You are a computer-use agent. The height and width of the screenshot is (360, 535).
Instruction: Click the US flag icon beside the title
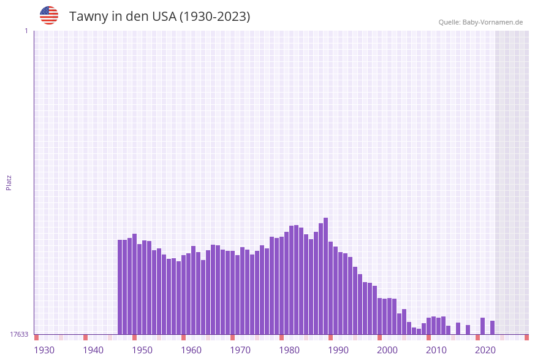point(49,15)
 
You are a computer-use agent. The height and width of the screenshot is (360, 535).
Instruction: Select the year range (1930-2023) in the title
point(214,17)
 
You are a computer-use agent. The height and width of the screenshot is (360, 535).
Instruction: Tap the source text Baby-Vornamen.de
point(493,22)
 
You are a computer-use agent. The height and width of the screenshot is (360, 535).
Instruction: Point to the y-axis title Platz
point(9,183)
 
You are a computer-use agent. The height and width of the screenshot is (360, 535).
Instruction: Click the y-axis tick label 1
point(26,31)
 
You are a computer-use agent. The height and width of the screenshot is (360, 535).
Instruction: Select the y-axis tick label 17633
point(19,334)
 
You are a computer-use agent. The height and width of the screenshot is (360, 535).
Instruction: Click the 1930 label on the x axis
point(44,350)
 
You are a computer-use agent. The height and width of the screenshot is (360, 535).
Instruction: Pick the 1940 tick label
point(93,350)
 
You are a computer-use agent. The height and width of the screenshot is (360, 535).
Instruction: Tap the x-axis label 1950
point(142,350)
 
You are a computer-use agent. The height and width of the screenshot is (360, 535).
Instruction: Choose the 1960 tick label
point(191,350)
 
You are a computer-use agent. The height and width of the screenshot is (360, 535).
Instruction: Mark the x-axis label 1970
point(240,350)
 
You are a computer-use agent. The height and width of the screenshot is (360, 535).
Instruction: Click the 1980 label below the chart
point(289,350)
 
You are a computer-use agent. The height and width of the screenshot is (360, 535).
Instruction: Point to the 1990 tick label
point(338,350)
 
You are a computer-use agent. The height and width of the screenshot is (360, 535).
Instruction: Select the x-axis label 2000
point(387,350)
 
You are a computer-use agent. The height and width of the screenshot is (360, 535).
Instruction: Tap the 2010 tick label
point(436,350)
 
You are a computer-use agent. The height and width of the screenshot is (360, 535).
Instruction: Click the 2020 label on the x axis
point(485,350)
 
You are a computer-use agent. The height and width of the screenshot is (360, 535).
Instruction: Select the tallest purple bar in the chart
point(326,276)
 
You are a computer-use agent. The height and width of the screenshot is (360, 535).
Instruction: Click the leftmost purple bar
point(120,287)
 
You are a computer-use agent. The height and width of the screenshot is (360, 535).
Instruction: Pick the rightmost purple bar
point(493,327)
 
